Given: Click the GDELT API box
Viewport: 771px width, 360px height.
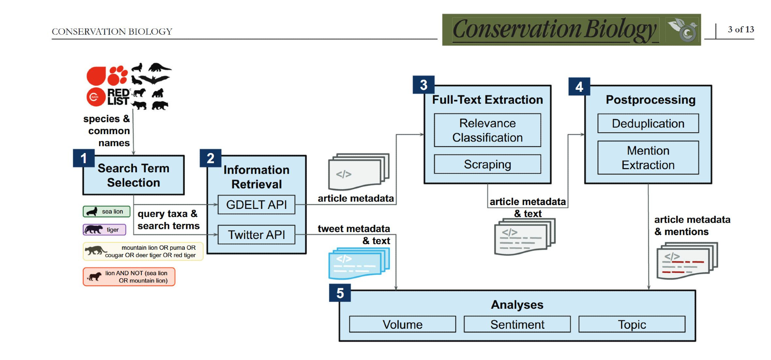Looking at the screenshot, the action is click(x=256, y=204).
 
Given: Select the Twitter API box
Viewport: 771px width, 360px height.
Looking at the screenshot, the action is click(x=256, y=234).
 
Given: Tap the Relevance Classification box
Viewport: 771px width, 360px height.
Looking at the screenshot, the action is click(x=487, y=130).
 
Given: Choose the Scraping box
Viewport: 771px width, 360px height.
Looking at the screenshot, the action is click(x=487, y=164).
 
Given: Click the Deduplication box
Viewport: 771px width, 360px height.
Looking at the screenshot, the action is click(x=648, y=123).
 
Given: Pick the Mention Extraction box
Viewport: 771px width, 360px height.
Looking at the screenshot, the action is click(x=648, y=157).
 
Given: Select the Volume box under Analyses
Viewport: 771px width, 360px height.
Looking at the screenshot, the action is click(x=402, y=324).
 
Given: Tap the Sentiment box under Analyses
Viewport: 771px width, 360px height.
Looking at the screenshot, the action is click(x=517, y=324).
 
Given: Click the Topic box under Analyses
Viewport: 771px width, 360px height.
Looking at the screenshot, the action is click(x=632, y=324).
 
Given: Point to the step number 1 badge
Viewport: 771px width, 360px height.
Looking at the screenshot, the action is click(x=84, y=158).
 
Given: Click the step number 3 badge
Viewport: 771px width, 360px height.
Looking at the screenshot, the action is click(x=424, y=85).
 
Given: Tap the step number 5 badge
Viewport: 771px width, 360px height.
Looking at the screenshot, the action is click(x=340, y=293).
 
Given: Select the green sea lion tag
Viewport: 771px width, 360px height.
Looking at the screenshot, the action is click(x=106, y=212).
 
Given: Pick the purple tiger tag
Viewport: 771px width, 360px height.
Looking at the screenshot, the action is click(x=104, y=230).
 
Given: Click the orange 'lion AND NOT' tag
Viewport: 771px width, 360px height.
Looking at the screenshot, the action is click(x=129, y=277).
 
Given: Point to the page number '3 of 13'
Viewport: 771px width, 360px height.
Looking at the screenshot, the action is click(x=741, y=29).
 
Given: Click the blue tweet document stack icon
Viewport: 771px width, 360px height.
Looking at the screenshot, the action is click(x=359, y=263).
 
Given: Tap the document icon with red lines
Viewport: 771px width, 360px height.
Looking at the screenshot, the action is click(x=687, y=261).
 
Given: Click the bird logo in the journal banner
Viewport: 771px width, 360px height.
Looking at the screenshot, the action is click(x=682, y=30).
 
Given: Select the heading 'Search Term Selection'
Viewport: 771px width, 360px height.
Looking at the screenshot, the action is click(x=133, y=175).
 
